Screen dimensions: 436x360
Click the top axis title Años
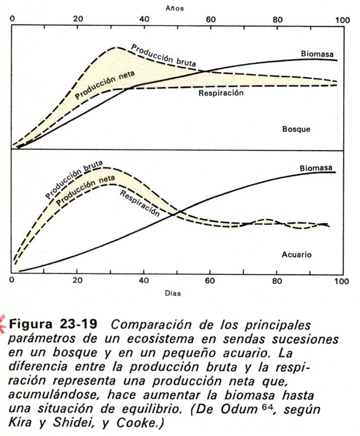[x=174, y=8]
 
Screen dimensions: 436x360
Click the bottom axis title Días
[x=173, y=293]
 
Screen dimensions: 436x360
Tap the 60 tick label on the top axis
[x=210, y=20]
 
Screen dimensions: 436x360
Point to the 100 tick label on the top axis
[x=342, y=20]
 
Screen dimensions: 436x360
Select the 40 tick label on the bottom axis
[x=144, y=281]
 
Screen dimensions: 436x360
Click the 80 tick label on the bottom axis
[x=277, y=281]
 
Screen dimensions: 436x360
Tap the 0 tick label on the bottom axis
[x=12, y=281]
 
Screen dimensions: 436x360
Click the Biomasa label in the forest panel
[x=317, y=54]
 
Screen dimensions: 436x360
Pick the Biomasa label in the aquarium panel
[x=316, y=168]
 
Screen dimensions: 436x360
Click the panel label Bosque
[x=296, y=129]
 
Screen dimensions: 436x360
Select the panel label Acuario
[x=296, y=255]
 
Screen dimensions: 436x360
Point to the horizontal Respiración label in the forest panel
[x=221, y=93]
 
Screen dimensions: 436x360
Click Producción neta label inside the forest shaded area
[x=105, y=85]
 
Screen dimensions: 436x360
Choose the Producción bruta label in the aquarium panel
[x=74, y=179]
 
